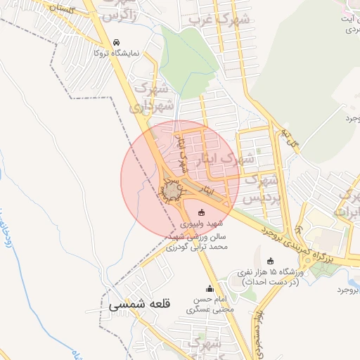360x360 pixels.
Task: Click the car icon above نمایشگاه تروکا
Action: point(116,41)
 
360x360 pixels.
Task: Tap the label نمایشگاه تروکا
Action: point(117,53)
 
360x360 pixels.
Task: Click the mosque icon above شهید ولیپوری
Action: point(202,212)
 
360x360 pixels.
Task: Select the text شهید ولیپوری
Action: point(202,223)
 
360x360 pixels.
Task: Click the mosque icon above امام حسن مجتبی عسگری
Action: point(209,288)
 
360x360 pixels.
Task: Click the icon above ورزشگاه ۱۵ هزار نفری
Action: point(271,261)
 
